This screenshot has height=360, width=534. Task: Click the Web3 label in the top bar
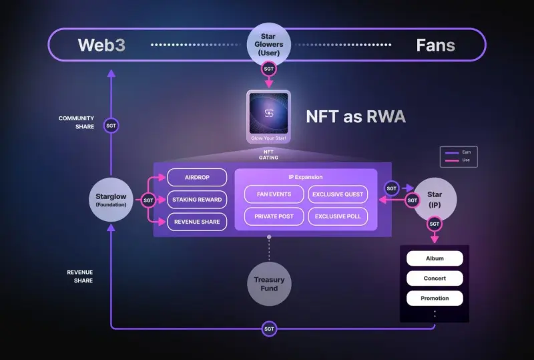pyautogui.click(x=101, y=45)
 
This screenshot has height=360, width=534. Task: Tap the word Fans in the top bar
pyautogui.click(x=435, y=45)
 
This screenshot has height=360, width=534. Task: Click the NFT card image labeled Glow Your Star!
pyautogui.click(x=268, y=114)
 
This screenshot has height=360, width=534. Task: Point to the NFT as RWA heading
pyautogui.click(x=356, y=116)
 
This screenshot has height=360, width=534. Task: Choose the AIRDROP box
pyautogui.click(x=197, y=178)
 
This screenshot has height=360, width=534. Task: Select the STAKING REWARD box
pyautogui.click(x=197, y=200)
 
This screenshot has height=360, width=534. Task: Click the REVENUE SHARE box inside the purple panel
pyautogui.click(x=197, y=222)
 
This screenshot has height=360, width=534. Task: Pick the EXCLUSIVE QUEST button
pyautogui.click(x=338, y=194)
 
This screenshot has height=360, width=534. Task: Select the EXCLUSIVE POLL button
pyautogui.click(x=338, y=216)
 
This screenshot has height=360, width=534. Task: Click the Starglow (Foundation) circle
pyautogui.click(x=111, y=199)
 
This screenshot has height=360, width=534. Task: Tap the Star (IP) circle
pyautogui.click(x=435, y=198)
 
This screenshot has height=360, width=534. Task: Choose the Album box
pyautogui.click(x=435, y=258)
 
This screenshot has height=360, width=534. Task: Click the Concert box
pyautogui.click(x=435, y=279)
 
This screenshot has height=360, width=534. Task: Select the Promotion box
pyautogui.click(x=435, y=298)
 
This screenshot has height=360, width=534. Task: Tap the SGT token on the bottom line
pyautogui.click(x=269, y=329)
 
